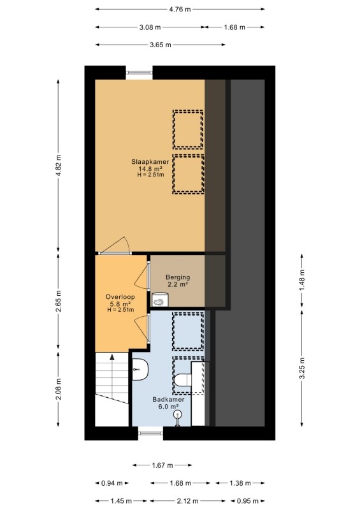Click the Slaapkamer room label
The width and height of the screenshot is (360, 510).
pyautogui.click(x=150, y=162)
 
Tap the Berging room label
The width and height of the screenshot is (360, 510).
pyautogui.click(x=178, y=277)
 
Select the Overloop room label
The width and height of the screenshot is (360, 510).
pyautogui.click(x=120, y=296)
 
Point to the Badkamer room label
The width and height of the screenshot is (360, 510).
pyautogui.click(x=168, y=400)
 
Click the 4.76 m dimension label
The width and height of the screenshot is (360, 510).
pyautogui.click(x=180, y=9)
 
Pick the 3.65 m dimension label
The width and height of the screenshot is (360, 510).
pyautogui.click(x=161, y=45)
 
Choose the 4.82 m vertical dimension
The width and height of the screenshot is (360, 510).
pyautogui.click(x=58, y=166)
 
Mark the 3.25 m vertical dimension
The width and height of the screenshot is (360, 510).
pyautogui.click(x=302, y=368)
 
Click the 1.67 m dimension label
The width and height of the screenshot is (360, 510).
pyautogui.click(x=162, y=465)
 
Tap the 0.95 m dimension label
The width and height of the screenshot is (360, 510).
pyautogui.click(x=248, y=501)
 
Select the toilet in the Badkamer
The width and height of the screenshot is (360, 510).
pyautogui.click(x=182, y=379)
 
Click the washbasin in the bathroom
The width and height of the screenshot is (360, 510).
pyautogui.click(x=140, y=369)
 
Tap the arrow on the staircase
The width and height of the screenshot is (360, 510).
pyautogui.click(x=112, y=357)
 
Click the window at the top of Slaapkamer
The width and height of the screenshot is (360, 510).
pyautogui.click(x=139, y=73)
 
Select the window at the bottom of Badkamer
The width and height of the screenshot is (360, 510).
pyautogui.click(x=150, y=433)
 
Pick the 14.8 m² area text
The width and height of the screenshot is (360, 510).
pyautogui.click(x=150, y=169)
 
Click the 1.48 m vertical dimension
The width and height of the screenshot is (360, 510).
pyautogui.click(x=302, y=280)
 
